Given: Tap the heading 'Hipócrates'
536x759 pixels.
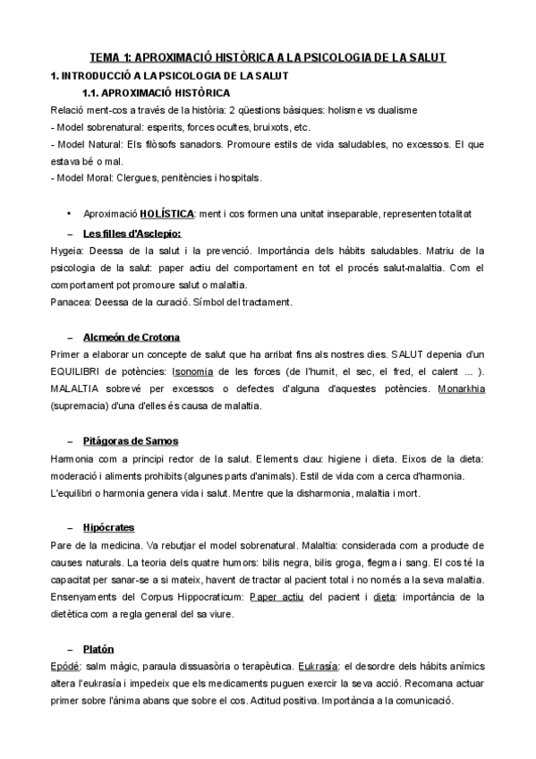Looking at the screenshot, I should tap(107, 528).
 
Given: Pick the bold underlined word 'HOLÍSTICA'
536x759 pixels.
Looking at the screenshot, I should tap(167, 215).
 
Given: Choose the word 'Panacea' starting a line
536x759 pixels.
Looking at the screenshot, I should tap(70, 302).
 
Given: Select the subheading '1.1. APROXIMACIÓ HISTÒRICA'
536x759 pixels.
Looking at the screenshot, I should tap(155, 92).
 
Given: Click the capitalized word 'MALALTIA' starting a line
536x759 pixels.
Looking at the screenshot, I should tap(77, 389).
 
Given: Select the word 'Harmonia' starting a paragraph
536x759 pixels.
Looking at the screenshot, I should tap(73, 458).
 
